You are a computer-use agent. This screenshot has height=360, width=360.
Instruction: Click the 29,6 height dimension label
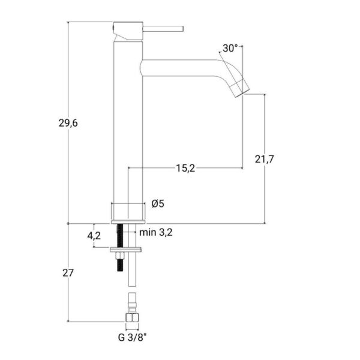tap(68, 123)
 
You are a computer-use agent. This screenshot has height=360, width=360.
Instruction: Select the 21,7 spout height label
tap(265, 159)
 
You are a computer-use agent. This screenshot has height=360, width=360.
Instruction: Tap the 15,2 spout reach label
tap(185, 168)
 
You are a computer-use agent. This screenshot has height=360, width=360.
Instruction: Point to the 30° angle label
tap(230, 48)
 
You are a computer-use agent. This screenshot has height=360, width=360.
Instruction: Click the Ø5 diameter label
tap(158, 203)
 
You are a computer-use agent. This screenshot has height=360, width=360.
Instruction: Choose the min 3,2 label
tap(156, 233)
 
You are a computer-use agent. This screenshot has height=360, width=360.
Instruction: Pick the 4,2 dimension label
tap(94, 236)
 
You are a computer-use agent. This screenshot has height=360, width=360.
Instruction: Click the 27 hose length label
tap(68, 273)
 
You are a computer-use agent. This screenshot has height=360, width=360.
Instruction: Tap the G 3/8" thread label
tap(132, 338)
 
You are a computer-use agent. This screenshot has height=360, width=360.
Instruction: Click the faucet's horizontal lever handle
tap(163, 29)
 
